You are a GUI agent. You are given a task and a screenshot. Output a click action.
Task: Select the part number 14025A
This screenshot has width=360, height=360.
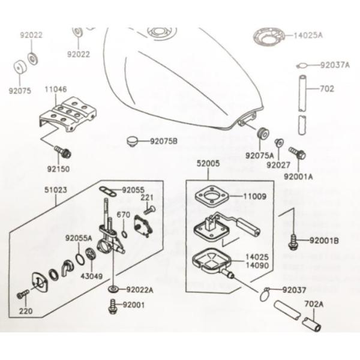coord(308,35)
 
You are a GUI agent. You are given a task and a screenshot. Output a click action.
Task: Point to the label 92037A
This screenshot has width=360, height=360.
coord(334,65)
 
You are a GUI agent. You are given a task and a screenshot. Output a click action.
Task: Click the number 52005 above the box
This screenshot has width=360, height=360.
coord(208,163)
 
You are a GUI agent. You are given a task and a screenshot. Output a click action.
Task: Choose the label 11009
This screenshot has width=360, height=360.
coord(255,196)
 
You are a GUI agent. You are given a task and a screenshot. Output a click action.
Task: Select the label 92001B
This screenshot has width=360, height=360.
coord(325,241)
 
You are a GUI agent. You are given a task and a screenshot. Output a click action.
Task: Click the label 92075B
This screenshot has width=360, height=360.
coord(164,142)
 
